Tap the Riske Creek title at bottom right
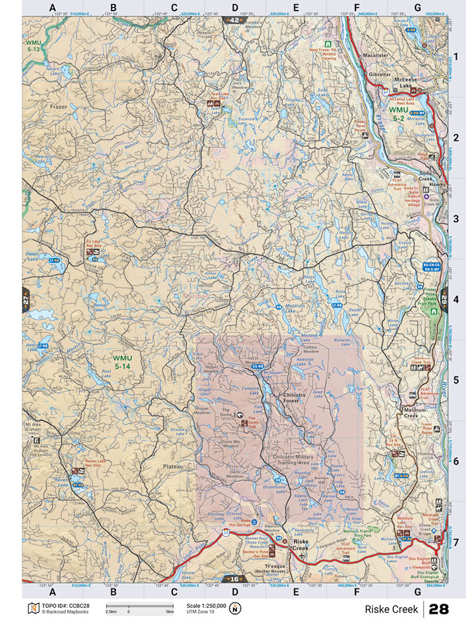pos(391,608)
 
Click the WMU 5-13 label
pos(32,46)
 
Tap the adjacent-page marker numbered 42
pos(235,19)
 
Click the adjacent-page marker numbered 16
pos(235,578)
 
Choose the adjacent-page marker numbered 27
pos(26,300)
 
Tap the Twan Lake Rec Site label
pos(219,95)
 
